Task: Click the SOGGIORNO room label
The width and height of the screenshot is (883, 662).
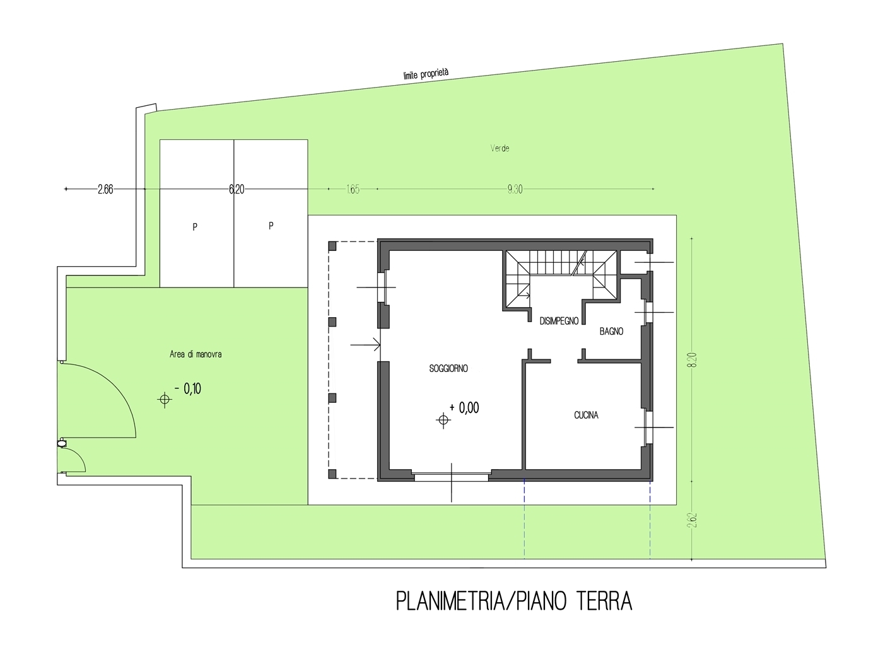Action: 448,368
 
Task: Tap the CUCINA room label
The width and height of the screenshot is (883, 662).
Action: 586,415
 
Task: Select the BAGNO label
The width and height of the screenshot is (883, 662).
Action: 611,331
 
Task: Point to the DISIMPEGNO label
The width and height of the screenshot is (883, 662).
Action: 559,321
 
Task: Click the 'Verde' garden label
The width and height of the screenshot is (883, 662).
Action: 500,148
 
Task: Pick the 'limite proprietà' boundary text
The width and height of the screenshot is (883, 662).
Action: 426,74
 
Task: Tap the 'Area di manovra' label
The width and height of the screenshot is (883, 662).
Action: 196,354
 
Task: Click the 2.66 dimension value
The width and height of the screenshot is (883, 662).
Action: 105,189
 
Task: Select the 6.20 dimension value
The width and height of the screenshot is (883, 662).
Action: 237,189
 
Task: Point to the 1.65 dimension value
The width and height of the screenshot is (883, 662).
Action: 353,189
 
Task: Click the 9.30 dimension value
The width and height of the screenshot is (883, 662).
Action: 515,189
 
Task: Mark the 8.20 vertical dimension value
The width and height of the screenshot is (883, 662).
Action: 692,360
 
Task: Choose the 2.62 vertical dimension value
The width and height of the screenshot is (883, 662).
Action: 692,520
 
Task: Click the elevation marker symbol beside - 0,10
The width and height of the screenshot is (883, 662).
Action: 165,400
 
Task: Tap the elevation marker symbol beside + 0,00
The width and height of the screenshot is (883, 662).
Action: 443,420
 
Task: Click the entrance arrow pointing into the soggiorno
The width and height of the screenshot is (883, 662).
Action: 365,344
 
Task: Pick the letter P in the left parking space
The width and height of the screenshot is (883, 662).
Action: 195,227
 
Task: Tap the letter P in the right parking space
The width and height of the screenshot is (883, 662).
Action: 271,226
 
